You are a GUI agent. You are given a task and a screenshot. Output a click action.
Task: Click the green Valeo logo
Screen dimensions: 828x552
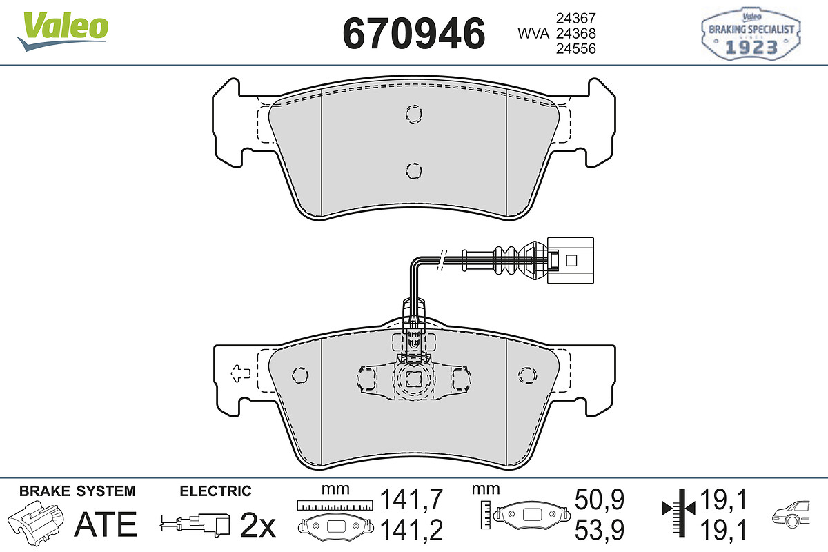(x=63, y=31)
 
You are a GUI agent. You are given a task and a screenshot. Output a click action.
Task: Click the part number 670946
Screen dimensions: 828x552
(x=413, y=34)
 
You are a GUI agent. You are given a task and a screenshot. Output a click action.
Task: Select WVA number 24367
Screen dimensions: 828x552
(x=576, y=18)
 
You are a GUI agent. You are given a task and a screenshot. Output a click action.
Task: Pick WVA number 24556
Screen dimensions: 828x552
(x=576, y=48)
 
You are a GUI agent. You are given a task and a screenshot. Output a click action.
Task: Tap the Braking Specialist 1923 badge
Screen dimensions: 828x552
(x=751, y=34)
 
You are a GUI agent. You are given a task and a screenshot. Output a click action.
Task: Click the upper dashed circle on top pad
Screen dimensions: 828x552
(x=413, y=114)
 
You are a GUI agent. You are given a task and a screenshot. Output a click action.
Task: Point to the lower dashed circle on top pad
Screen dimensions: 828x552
(x=413, y=171)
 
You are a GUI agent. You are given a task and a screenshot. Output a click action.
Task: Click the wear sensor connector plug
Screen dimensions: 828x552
(x=571, y=261)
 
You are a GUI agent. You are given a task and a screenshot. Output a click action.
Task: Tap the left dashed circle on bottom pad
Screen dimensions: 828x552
(x=300, y=375)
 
